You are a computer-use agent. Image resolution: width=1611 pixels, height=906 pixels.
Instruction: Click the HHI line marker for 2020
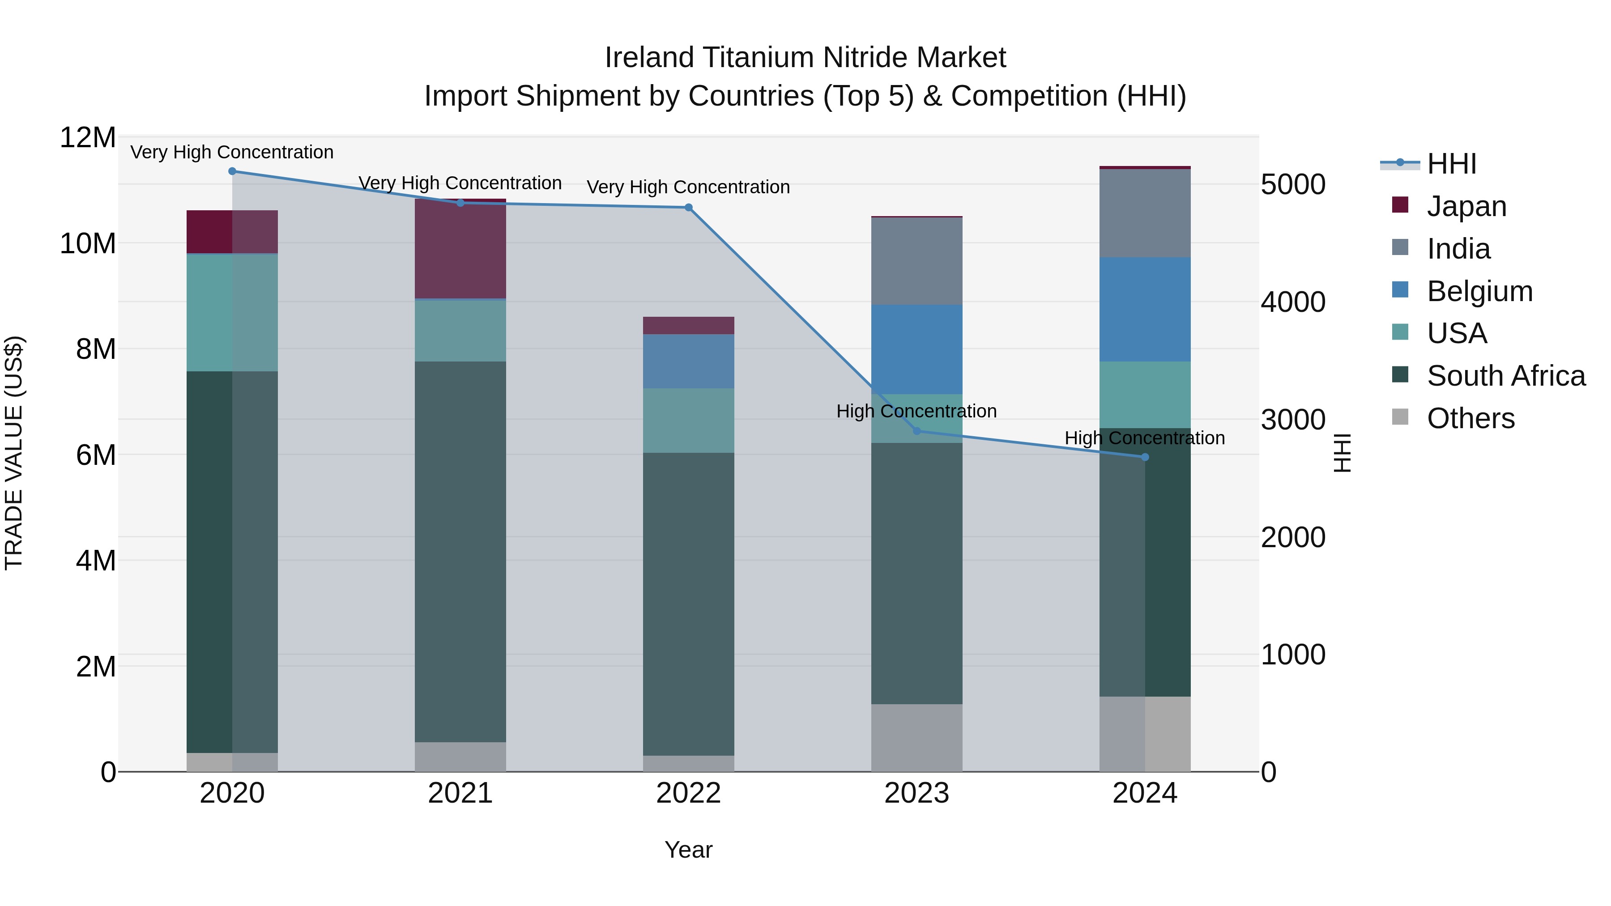tap(232, 171)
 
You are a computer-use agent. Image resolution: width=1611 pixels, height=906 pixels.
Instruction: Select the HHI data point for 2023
tap(917, 431)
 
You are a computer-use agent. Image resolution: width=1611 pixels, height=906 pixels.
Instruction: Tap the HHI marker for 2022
tap(689, 208)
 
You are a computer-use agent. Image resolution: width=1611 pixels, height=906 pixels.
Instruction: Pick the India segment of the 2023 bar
tap(917, 261)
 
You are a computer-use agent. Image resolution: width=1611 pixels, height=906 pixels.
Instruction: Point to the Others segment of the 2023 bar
tap(917, 738)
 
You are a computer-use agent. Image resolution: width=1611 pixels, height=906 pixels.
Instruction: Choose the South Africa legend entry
tap(1505, 376)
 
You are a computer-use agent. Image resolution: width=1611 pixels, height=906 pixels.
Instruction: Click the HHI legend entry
tap(1451, 164)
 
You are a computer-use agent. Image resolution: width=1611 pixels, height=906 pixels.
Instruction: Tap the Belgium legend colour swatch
tap(1400, 289)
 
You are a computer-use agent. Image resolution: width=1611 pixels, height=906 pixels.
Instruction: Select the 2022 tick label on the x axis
tap(689, 793)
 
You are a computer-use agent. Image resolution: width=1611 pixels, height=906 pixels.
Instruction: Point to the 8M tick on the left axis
tap(95, 349)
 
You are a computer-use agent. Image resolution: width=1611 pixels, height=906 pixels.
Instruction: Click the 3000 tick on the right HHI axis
tap(1293, 420)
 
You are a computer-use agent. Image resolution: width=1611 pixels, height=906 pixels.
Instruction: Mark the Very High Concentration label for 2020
tap(232, 152)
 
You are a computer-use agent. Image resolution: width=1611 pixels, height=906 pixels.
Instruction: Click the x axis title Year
tap(689, 850)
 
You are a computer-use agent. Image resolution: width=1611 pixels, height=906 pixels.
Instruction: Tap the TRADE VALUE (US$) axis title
tap(14, 453)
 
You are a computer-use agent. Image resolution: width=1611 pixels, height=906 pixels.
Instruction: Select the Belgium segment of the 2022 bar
tap(689, 362)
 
